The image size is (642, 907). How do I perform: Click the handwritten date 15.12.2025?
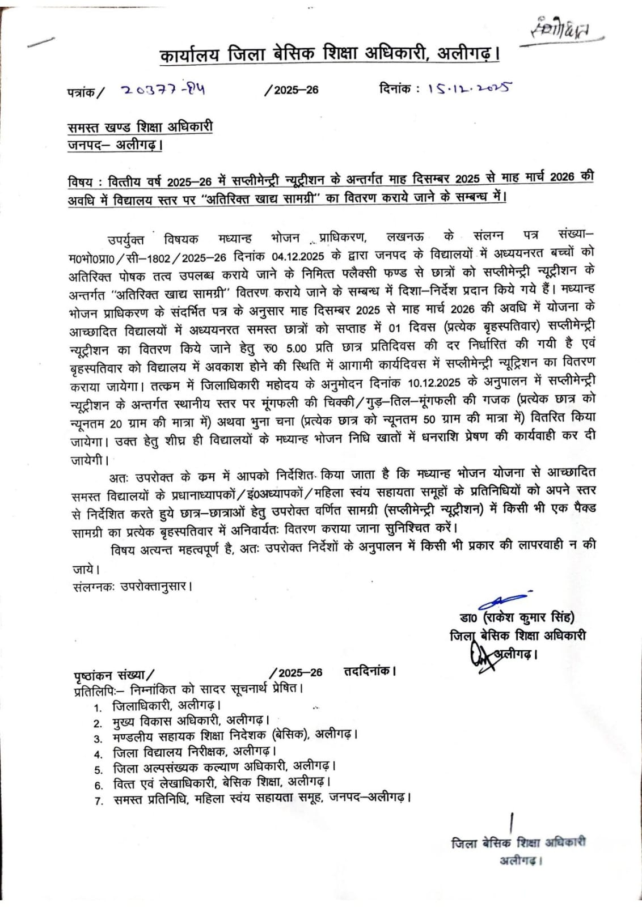[470, 88]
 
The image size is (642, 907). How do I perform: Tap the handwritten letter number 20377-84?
[162, 90]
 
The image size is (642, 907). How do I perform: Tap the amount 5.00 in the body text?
[296, 348]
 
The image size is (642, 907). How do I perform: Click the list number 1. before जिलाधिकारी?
[98, 707]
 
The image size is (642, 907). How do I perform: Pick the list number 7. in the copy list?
[99, 800]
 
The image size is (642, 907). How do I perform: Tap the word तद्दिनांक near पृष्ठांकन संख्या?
[369, 671]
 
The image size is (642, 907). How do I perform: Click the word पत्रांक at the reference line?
[81, 92]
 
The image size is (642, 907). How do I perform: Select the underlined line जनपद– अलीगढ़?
[115, 145]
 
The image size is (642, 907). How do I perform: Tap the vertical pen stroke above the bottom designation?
[512, 823]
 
